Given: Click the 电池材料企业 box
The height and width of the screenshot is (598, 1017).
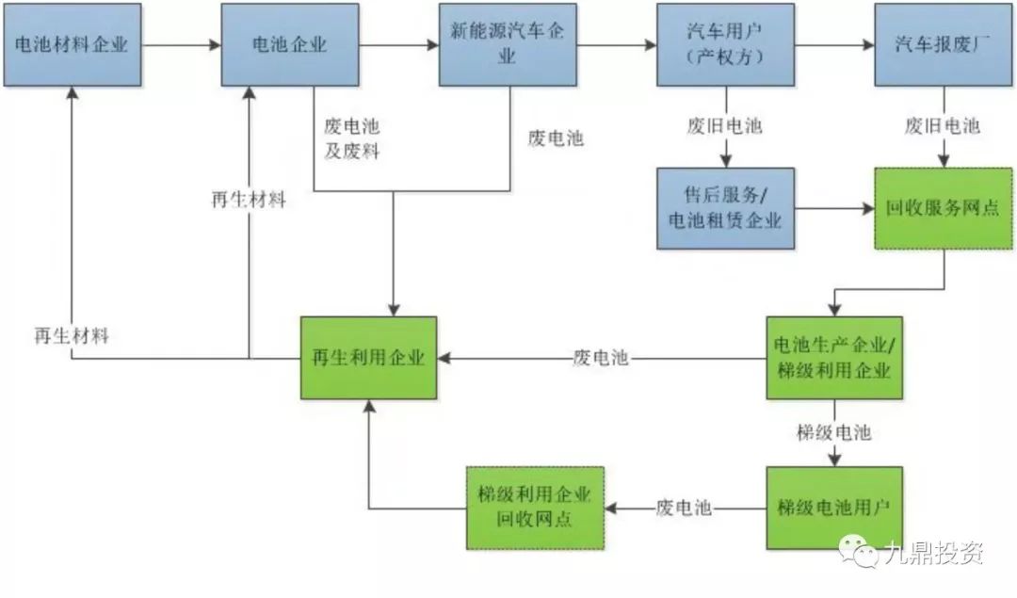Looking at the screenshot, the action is (73, 45).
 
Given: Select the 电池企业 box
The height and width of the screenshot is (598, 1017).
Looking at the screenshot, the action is (290, 45).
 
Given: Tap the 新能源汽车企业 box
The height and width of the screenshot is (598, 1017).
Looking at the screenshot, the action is (508, 45).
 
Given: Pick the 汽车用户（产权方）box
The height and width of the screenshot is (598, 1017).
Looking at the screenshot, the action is (725, 45).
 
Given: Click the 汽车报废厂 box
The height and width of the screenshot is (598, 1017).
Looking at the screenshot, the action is (943, 45).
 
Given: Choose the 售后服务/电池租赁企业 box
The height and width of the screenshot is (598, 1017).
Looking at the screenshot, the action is (725, 208).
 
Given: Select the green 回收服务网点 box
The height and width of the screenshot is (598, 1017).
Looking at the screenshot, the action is (943, 208).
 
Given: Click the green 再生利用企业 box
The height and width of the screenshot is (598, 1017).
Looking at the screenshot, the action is (368, 358).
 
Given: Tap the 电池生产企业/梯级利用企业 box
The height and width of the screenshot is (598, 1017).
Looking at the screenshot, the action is (834, 358).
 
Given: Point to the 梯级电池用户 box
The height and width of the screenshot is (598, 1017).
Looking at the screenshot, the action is (834, 508).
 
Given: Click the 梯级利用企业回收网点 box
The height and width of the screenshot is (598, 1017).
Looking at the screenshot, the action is (535, 508).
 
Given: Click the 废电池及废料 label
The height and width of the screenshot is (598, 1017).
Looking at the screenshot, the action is (352, 138).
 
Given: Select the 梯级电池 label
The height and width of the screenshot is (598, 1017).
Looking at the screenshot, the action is (833, 432).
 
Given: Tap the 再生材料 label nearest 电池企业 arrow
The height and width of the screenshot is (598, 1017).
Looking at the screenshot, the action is (249, 199).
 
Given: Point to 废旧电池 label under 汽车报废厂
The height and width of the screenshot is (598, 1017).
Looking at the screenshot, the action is (943, 126).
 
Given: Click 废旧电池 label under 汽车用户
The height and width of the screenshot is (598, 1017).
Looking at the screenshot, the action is (724, 126).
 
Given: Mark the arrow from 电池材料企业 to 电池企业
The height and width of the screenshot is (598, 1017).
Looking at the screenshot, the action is (182, 45).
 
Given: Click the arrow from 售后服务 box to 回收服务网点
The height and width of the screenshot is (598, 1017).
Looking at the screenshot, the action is (834, 209).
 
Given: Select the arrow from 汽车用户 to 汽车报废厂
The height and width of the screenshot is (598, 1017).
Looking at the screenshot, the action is (834, 45).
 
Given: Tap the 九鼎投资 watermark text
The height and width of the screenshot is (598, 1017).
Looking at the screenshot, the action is (933, 553).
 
